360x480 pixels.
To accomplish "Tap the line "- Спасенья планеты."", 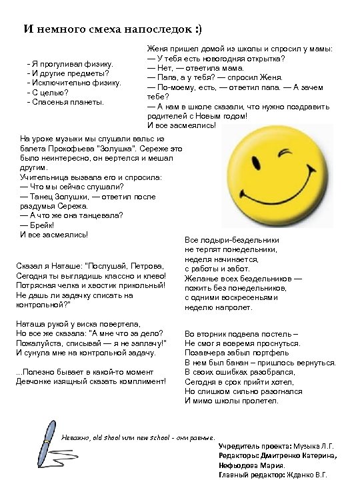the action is pyautogui.click(x=65, y=101).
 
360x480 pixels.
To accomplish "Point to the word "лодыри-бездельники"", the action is pyautogui.click(x=240, y=239).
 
